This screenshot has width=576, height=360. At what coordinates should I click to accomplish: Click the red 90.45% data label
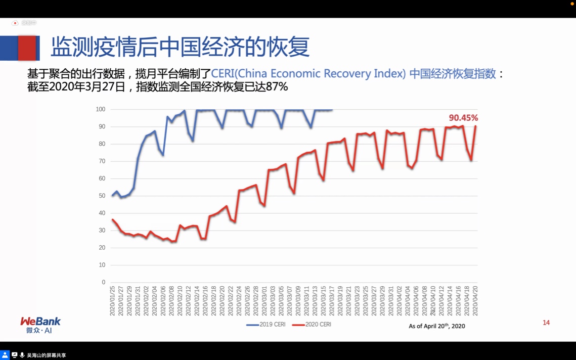[x=463, y=118]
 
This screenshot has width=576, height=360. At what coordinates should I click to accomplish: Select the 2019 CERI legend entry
[x=266, y=325]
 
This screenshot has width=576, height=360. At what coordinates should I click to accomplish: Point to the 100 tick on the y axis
[x=100, y=110]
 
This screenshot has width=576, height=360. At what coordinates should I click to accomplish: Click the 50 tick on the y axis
[x=102, y=196]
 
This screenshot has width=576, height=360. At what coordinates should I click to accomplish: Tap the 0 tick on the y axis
[x=103, y=283]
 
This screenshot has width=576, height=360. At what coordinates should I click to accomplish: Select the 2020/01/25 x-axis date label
[x=113, y=301]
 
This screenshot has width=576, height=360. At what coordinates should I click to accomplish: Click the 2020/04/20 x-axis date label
[x=475, y=301]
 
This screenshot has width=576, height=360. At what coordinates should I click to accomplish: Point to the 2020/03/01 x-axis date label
[x=264, y=301]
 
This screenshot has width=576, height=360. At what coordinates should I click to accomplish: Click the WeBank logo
[x=40, y=325]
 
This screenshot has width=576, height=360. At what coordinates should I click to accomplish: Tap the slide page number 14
[x=546, y=323]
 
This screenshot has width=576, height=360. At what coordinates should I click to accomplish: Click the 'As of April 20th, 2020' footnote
[x=436, y=326]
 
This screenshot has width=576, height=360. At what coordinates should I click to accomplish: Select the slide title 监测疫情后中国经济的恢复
[x=180, y=47]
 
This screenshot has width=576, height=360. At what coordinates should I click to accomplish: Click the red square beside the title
[x=27, y=48]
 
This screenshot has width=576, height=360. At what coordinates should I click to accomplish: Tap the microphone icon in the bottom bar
[x=22, y=355]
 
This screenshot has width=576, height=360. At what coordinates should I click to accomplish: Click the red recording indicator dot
[x=15, y=23]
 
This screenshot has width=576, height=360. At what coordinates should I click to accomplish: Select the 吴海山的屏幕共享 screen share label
[x=47, y=355]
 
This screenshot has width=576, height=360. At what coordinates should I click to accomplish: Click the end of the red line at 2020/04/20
[x=475, y=126]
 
